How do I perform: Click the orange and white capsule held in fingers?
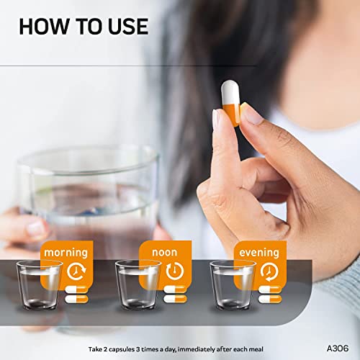[x=230, y=104]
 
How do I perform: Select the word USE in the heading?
[x=126, y=27]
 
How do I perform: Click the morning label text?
[x=66, y=253]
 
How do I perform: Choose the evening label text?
[x=259, y=253]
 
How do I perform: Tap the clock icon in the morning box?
[x=76, y=271]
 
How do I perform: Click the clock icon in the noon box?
[x=174, y=271]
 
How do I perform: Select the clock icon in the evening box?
[x=269, y=271]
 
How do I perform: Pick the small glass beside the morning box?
[x=39, y=286]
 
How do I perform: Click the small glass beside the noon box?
[x=138, y=286]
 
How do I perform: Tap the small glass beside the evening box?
[x=233, y=286]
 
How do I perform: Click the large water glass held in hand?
[x=86, y=194]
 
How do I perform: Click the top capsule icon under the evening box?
[x=270, y=289]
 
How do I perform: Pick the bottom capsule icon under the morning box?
[x=76, y=299]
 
